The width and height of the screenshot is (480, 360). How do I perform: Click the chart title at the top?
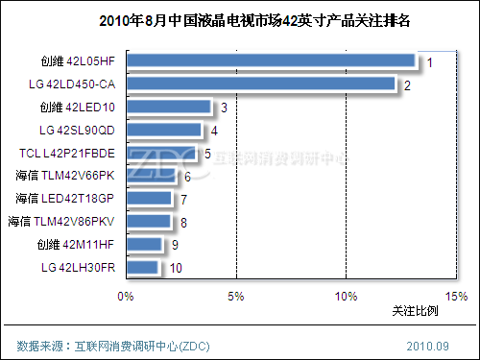click(x=240, y=20)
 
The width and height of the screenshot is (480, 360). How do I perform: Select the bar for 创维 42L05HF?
click(x=270, y=61)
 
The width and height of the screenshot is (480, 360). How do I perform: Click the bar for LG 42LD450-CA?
click(x=259, y=84)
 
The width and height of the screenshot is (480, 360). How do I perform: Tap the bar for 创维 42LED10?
click(x=167, y=108)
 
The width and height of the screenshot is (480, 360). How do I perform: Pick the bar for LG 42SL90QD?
click(x=163, y=130)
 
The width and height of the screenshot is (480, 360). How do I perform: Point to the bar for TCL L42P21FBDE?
click(x=160, y=153)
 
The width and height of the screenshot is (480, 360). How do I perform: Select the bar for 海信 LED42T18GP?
click(x=148, y=199)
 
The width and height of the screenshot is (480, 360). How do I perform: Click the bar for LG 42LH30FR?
click(x=141, y=267)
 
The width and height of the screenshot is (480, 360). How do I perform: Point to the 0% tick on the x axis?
click(x=125, y=296)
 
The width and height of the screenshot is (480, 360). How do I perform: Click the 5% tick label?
click(x=235, y=296)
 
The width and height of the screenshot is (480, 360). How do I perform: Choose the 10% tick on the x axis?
click(x=346, y=296)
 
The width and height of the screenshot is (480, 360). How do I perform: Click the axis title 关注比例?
click(x=415, y=311)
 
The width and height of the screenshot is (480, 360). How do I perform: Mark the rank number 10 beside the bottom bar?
click(x=176, y=268)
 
